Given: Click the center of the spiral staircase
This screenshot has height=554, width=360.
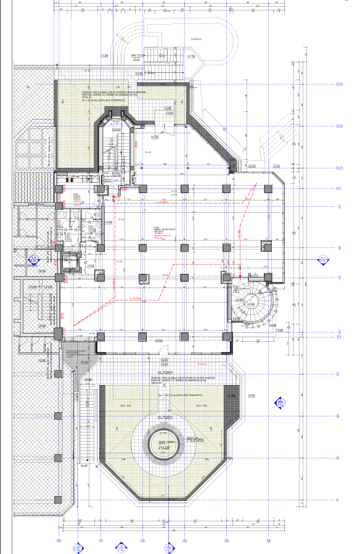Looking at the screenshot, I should (250, 302).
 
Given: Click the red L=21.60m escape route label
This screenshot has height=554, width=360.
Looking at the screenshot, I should (163, 201).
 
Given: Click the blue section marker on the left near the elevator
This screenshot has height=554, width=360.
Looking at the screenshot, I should (35, 259).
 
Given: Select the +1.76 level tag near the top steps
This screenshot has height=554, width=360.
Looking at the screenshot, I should (190, 57).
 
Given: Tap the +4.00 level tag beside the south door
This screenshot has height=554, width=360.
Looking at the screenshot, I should (158, 341).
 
